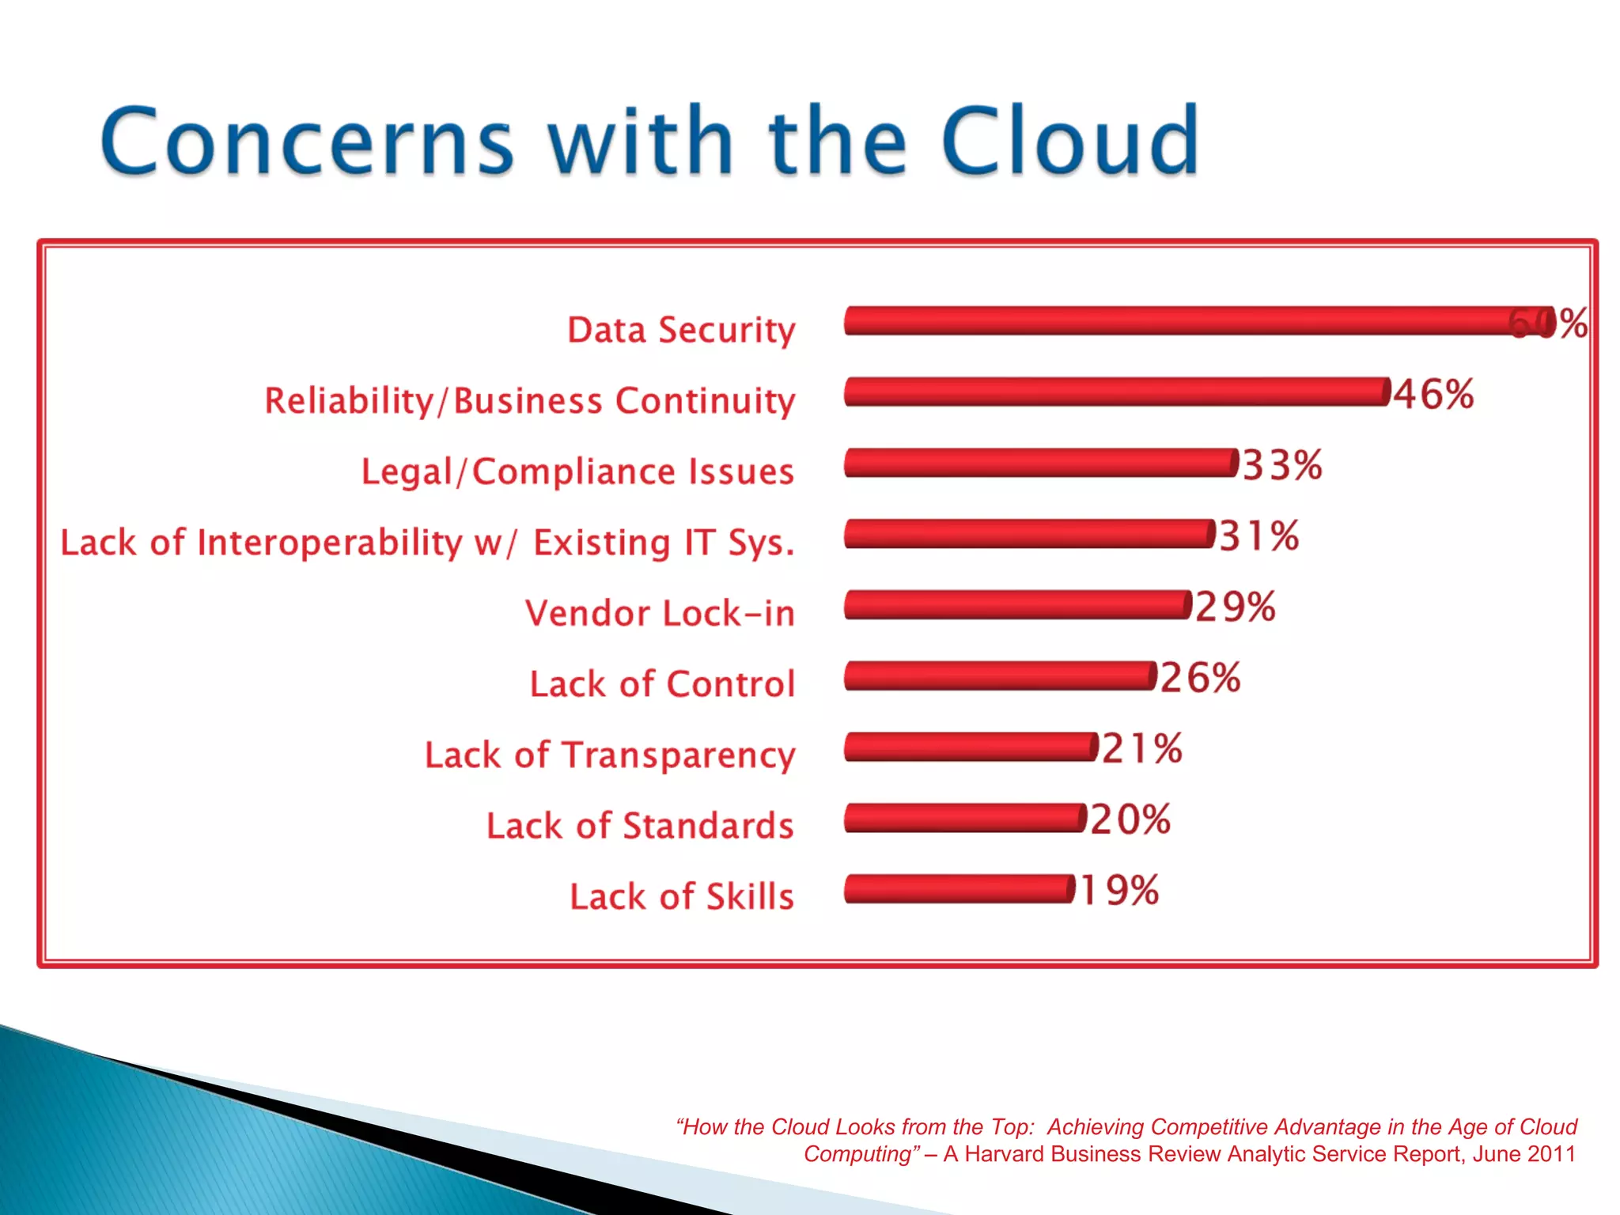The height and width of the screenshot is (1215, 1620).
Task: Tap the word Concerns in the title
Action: click(x=307, y=142)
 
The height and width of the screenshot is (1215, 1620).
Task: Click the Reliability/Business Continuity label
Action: click(x=529, y=400)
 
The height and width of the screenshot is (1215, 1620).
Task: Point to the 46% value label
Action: click(x=1433, y=393)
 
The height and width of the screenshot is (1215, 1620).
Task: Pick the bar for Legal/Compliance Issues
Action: click(x=1040, y=463)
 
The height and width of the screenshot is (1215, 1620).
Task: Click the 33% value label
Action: click(x=1281, y=464)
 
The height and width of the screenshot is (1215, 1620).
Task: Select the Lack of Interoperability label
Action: click(x=427, y=543)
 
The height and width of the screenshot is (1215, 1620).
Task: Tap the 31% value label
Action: click(x=1259, y=536)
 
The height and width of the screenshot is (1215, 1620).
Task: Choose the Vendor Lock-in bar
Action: click(x=1017, y=604)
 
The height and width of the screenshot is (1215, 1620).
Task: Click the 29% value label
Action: click(x=1235, y=607)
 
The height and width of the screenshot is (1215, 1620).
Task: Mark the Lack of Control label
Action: click(x=661, y=684)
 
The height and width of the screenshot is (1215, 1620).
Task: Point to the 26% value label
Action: click(x=1200, y=678)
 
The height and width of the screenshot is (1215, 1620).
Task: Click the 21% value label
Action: click(x=1141, y=748)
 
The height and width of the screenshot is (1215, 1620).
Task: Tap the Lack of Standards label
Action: click(x=639, y=826)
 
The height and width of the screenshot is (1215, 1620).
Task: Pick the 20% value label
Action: click(x=1130, y=819)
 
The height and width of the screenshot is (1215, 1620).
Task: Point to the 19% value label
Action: click(x=1118, y=890)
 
